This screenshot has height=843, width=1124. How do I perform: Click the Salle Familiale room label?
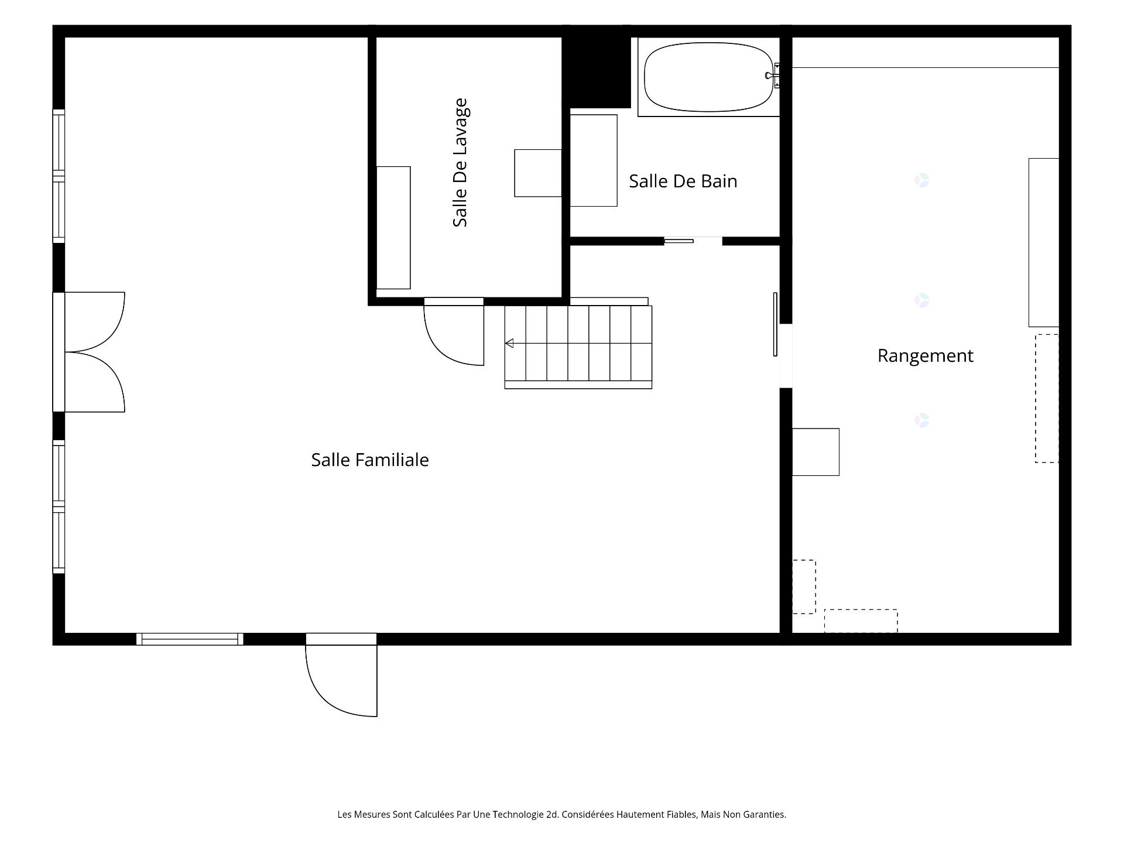point(370,460)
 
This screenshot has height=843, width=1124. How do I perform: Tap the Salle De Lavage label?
point(460,163)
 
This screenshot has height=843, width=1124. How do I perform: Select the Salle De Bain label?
point(683,181)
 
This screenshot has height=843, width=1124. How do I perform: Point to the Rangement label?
point(925,356)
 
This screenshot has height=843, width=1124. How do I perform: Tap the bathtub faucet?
point(773,75)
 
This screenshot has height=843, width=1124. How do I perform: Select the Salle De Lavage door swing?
point(454,332)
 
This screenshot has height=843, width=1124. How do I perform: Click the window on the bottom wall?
point(190,639)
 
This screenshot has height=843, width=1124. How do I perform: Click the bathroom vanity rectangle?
point(594,160)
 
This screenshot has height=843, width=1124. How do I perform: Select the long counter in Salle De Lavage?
point(393,228)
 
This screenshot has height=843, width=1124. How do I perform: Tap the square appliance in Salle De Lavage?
point(538,173)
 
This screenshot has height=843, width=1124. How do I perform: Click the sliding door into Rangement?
point(775,324)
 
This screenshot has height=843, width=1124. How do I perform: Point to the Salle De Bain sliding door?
point(678,241)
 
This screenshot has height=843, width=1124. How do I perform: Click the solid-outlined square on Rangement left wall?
point(815,452)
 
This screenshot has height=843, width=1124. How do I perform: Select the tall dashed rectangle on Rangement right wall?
point(1047,399)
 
